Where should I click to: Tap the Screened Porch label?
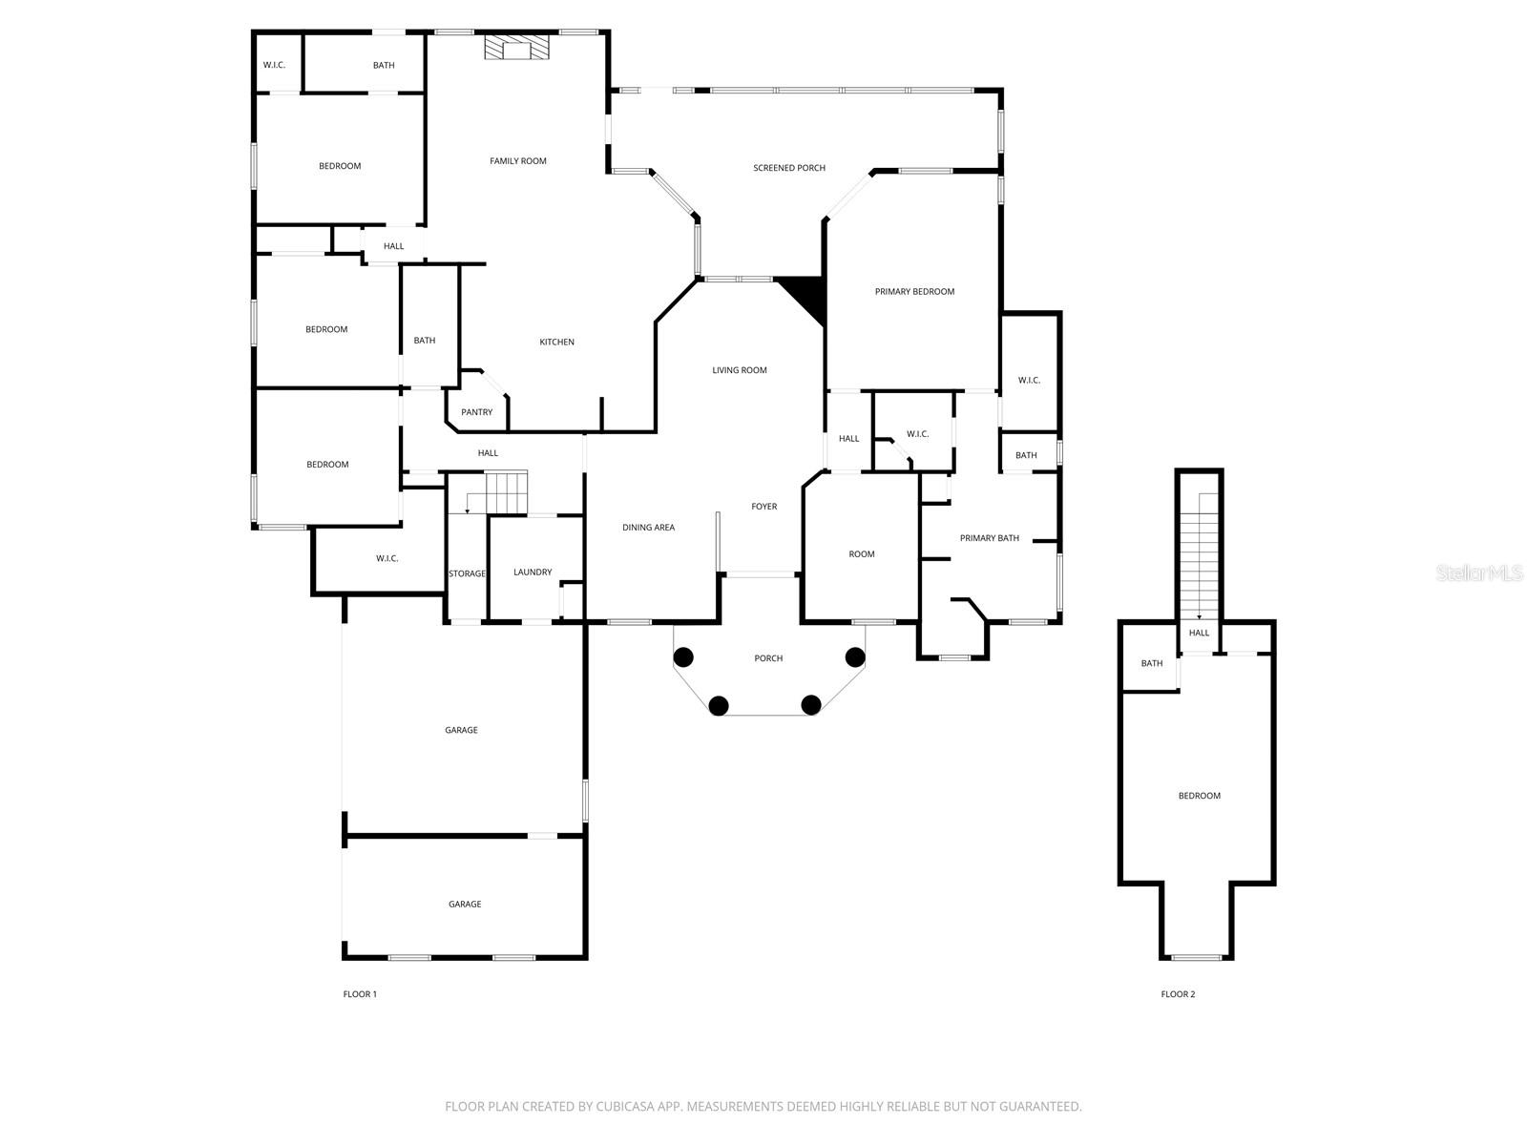[789, 168]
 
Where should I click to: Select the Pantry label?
[477, 412]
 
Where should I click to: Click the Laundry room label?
[533, 572]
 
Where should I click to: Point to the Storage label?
[468, 573]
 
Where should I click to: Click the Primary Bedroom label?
[914, 292]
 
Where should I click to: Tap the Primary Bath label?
[990, 538]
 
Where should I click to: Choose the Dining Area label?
[649, 528]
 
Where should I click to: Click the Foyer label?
[764, 507]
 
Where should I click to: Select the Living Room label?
[740, 370]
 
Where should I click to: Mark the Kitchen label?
[557, 343]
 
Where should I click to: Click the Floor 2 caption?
[1178, 994]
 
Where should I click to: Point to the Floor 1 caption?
[360, 994]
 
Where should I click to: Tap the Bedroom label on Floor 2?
[1200, 796]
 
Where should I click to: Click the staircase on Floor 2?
[1200, 558]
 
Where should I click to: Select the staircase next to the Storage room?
[507, 491]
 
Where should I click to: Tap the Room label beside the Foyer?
[862, 554]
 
